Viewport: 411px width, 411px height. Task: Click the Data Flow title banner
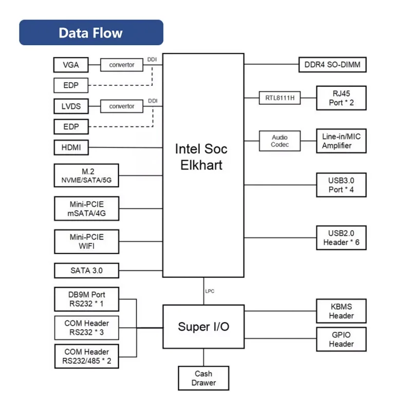[x=91, y=32]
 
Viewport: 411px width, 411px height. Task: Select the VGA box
[x=71, y=65]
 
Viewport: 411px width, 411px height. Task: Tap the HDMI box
[x=71, y=147]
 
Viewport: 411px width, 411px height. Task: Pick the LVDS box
[x=71, y=106]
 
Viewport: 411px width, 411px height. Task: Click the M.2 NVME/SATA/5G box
[x=86, y=175]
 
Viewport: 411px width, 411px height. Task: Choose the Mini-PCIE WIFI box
[x=86, y=241]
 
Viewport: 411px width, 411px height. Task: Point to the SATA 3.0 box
[x=86, y=270]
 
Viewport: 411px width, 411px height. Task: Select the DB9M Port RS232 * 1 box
[x=86, y=299]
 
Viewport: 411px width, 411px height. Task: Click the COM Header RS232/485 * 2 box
[x=86, y=356]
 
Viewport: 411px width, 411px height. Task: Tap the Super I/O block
[x=203, y=327]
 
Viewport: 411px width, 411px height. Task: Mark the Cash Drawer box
[x=203, y=378]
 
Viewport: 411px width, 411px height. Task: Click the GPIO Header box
[x=341, y=339]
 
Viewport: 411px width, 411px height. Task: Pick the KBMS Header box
[x=341, y=311]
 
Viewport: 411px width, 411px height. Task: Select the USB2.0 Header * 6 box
[x=341, y=238]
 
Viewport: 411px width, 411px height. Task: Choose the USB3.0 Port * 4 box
[x=341, y=185]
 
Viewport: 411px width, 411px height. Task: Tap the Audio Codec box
[x=279, y=141]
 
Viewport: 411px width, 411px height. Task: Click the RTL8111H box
[x=279, y=98]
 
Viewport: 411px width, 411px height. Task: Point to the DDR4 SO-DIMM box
[x=332, y=65]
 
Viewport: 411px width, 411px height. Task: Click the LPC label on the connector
[x=210, y=291]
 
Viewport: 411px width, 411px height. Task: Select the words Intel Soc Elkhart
[x=201, y=157]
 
